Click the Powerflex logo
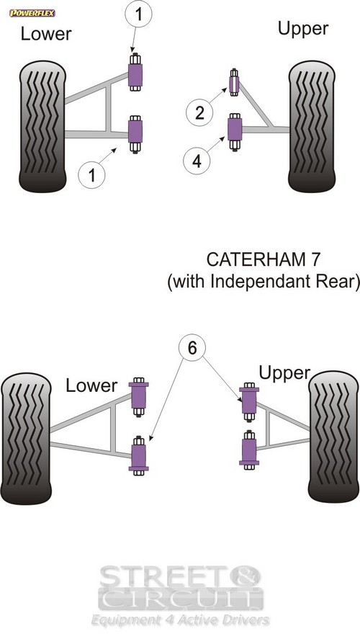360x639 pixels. pyautogui.click(x=32, y=13)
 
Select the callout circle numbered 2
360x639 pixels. pyautogui.click(x=199, y=112)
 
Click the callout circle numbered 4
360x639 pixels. pyautogui.click(x=197, y=161)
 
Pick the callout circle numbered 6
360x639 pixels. pyautogui.click(x=192, y=349)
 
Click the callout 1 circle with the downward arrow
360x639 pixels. pyautogui.click(x=139, y=14)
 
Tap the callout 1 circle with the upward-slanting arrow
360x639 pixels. pyautogui.click(x=91, y=175)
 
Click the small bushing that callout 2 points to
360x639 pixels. pyautogui.click(x=234, y=82)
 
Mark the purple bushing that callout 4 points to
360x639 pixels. pyautogui.click(x=235, y=131)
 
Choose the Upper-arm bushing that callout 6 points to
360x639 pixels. pyautogui.click(x=249, y=401)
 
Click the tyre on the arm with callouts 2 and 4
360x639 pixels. pyautogui.click(x=312, y=127)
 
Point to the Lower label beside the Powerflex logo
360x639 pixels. pyautogui.click(x=46, y=34)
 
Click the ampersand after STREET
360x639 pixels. pyautogui.click(x=248, y=576)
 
